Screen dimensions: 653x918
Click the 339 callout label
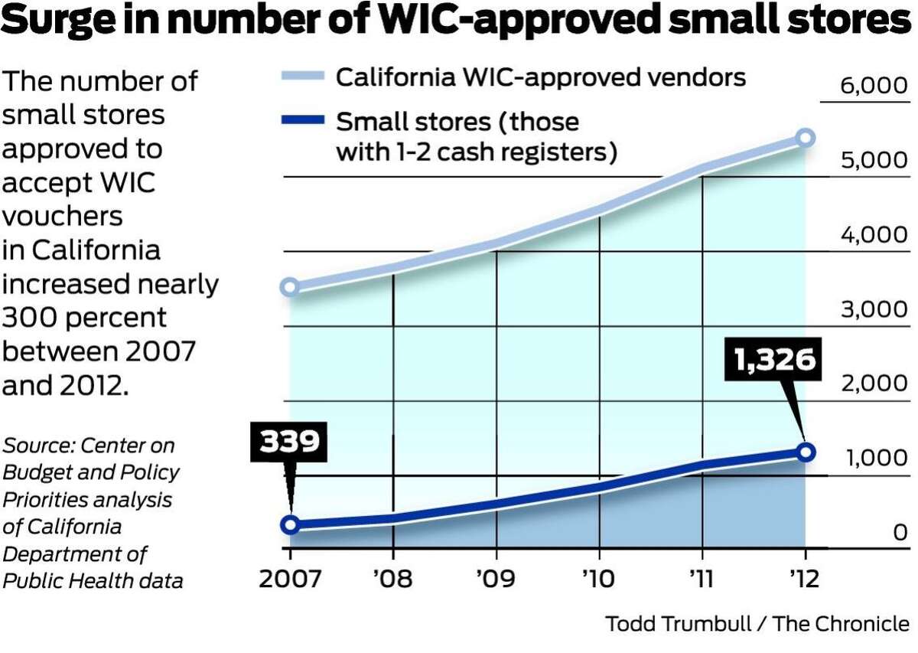point(288,442)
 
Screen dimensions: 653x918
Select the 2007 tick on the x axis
point(290,577)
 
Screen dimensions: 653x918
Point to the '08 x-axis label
point(392,577)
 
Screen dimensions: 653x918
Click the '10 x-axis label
point(599,577)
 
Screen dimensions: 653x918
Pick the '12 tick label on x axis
point(804,577)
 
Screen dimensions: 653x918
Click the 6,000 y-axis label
point(874,86)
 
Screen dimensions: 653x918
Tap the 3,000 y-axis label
point(874,310)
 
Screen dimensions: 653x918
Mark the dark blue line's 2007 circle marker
point(290,524)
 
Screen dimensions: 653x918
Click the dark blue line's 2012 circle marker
point(805,451)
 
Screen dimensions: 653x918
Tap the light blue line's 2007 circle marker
point(290,287)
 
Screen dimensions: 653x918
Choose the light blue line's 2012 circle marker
point(805,138)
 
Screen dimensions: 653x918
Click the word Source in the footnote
point(38,446)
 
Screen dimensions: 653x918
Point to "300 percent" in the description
point(84,318)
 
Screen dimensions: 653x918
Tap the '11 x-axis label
point(702,577)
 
